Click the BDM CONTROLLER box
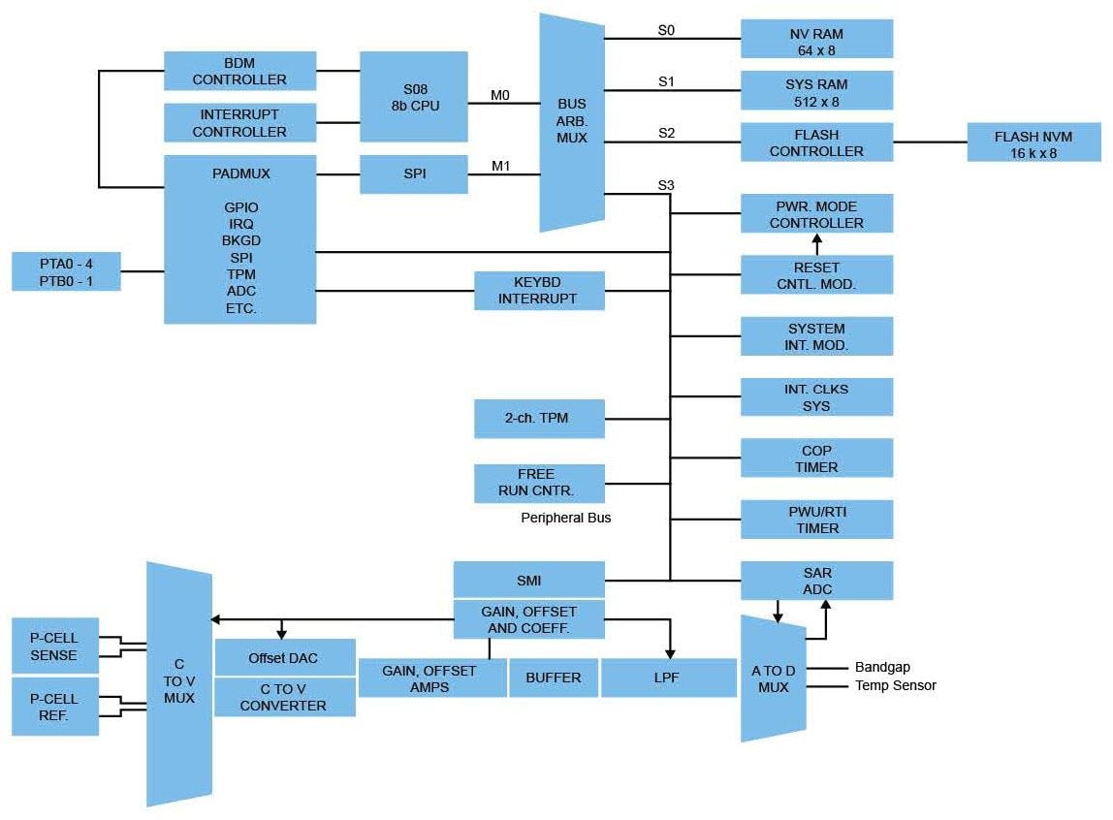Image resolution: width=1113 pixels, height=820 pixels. (x=239, y=71)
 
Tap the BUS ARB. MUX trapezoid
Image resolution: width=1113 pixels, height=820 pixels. (x=572, y=122)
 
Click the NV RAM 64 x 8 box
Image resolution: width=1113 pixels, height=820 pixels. (x=816, y=39)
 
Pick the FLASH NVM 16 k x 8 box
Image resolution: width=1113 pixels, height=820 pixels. (x=1033, y=142)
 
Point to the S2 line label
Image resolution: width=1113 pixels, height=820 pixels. (x=666, y=132)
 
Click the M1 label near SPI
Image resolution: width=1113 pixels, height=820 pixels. (x=500, y=166)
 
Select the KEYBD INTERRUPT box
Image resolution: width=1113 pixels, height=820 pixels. (x=538, y=291)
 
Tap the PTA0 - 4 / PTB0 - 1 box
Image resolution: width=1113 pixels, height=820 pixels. (x=66, y=271)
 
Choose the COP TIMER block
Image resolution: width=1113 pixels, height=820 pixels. (x=816, y=458)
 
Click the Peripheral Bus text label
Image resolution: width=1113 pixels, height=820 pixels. (x=566, y=518)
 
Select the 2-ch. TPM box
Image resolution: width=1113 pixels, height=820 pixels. (x=538, y=419)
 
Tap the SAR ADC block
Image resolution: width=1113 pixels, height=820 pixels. (x=816, y=581)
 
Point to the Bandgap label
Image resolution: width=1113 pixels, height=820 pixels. (x=882, y=668)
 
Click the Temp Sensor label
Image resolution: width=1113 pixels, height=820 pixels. (x=895, y=685)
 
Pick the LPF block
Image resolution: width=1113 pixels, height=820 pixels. (x=669, y=678)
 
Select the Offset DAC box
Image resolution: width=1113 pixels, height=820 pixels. (x=284, y=658)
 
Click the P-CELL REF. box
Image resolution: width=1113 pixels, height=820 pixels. (x=54, y=707)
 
